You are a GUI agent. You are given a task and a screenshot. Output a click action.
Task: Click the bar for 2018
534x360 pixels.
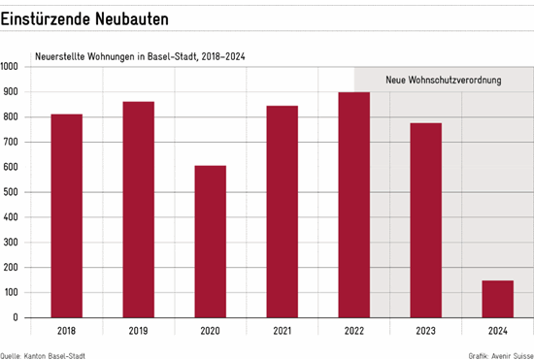pos(67,215)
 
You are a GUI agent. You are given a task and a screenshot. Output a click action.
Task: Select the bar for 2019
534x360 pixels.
pos(138,210)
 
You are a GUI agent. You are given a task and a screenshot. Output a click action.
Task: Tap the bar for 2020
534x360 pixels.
pos(210,242)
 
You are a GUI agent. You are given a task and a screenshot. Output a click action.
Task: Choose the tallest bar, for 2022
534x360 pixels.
pos(353,205)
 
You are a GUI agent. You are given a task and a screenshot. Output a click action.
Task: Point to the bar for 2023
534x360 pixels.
pos(425,220)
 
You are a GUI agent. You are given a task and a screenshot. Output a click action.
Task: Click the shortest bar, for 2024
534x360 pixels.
pos(497,299)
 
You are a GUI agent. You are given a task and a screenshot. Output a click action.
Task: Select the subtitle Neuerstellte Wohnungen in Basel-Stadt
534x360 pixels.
pos(140,56)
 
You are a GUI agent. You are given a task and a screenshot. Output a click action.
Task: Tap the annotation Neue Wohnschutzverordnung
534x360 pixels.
pos(443,81)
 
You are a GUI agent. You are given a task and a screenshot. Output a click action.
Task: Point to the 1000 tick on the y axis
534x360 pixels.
pos(10,67)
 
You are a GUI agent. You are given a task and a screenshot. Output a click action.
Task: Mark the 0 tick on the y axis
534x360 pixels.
pos(15,317)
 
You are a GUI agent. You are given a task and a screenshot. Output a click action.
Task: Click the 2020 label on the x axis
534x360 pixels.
pos(210,332)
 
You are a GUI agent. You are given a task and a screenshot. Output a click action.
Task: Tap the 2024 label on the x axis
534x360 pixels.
pos(497,332)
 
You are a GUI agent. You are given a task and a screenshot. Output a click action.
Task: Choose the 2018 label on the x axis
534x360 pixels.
pos(67,332)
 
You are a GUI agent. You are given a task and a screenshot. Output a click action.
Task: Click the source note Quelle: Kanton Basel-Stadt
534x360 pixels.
pos(43,355)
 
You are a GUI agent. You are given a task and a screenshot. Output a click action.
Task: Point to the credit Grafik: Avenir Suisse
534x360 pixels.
pos(499,355)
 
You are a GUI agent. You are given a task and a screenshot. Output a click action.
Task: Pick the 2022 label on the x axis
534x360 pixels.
pos(353,332)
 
